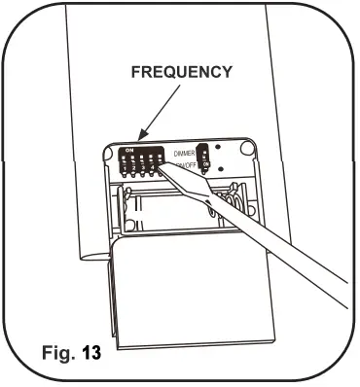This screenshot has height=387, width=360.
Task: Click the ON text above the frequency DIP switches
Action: click(x=128, y=149)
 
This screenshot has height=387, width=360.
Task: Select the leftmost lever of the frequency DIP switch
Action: click(x=124, y=159)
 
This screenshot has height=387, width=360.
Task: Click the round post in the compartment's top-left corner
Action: click(x=108, y=148)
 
